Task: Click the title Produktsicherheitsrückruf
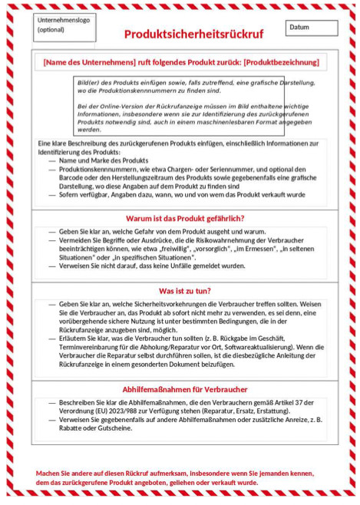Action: pyautogui.click(x=193, y=35)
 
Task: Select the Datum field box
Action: pyautogui.click(x=311, y=28)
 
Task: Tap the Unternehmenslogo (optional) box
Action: pyautogui.click(x=64, y=27)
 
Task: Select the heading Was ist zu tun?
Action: pyautogui.click(x=185, y=291)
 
